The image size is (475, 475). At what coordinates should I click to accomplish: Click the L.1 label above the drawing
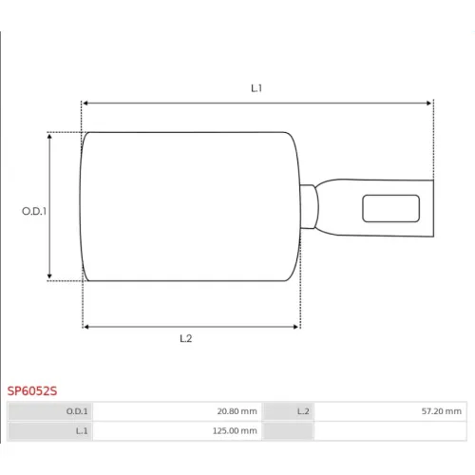pyautogui.click(x=256, y=88)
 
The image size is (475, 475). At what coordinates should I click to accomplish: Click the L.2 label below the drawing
pyautogui.click(x=186, y=338)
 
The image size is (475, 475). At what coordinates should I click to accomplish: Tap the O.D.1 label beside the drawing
pyautogui.click(x=34, y=211)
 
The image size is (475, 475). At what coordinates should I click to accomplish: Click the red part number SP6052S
pyautogui.click(x=32, y=391)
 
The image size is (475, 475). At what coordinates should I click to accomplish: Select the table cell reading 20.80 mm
pyautogui.click(x=178, y=411)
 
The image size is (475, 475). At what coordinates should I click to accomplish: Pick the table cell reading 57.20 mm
pyautogui.click(x=390, y=411)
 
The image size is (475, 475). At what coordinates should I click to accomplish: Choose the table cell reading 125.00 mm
pyautogui.click(x=178, y=431)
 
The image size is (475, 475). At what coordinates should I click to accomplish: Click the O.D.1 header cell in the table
pyautogui.click(x=49, y=411)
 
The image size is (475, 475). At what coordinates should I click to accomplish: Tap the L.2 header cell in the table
pyautogui.click(x=288, y=411)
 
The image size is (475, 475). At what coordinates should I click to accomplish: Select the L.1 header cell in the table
pyautogui.click(x=49, y=431)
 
